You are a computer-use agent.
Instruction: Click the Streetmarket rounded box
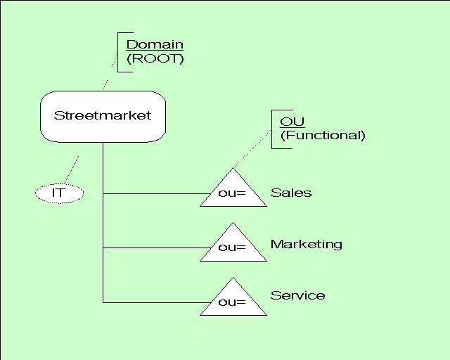click(103, 116)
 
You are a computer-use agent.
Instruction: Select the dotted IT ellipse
click(58, 192)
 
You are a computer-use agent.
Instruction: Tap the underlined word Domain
click(155, 44)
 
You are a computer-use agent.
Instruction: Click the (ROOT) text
click(155, 58)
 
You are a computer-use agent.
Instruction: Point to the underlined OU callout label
click(288, 122)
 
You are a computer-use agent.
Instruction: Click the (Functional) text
click(323, 135)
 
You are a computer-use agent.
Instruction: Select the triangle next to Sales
click(233, 191)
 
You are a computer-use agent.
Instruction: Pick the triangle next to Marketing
click(233, 245)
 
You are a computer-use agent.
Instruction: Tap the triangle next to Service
click(233, 301)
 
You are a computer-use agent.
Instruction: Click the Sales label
click(291, 193)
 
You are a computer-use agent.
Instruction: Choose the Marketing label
click(307, 244)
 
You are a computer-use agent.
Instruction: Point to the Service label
click(298, 295)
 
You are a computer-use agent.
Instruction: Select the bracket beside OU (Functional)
click(273, 129)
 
